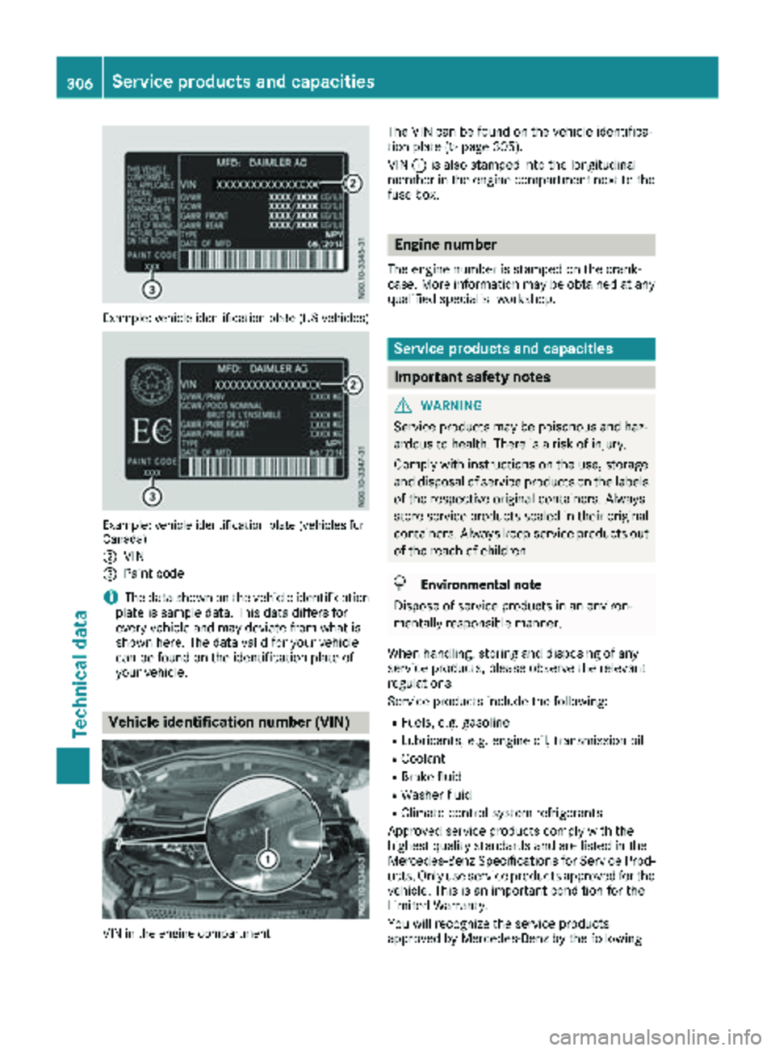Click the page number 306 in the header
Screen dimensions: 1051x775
click(x=80, y=81)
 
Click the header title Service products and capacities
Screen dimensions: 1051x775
click(x=243, y=81)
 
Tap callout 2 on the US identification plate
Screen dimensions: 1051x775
click(x=352, y=183)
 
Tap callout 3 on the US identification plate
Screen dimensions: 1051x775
click(x=152, y=288)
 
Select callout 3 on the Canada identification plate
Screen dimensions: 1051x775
click(x=152, y=494)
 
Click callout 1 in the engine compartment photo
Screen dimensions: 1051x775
click(x=267, y=859)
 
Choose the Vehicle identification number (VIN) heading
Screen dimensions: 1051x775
click(x=228, y=722)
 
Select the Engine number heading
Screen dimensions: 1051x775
click(x=446, y=244)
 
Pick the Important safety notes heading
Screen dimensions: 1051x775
click(x=472, y=377)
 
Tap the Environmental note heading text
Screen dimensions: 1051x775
click(x=480, y=585)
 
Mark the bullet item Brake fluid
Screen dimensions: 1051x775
click(x=431, y=777)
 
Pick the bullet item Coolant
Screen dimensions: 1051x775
click(x=423, y=759)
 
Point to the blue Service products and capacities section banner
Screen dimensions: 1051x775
click(x=520, y=348)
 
